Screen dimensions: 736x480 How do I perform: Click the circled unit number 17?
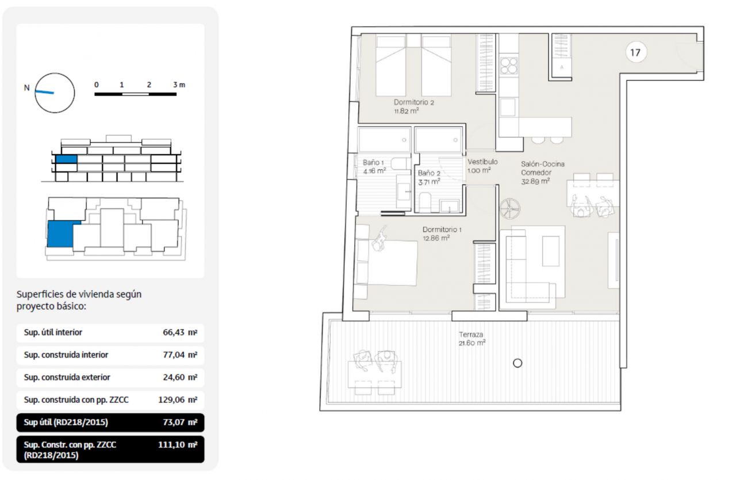[x=635, y=52]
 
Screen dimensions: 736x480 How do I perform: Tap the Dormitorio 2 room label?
[x=413, y=102]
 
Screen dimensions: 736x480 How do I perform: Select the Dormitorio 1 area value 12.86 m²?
[x=436, y=238]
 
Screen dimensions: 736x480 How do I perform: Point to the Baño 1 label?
[x=373, y=162]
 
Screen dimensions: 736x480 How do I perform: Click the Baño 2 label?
[x=429, y=173]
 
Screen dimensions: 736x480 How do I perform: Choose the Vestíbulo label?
[x=482, y=162]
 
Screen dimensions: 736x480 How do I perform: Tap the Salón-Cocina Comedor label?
[x=542, y=168]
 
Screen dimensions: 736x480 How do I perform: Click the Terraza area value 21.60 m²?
[x=472, y=343]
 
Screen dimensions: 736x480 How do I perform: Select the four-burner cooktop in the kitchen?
[x=509, y=66]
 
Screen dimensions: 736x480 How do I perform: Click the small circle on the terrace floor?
[x=517, y=363]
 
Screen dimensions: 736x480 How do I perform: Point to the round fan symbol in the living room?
[x=510, y=208]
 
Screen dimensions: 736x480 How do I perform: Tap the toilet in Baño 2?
[x=425, y=202]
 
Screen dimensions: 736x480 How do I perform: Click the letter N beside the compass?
[x=26, y=88]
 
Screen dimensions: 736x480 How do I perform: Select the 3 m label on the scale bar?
[x=179, y=85]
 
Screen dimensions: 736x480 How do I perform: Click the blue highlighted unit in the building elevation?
[x=66, y=159]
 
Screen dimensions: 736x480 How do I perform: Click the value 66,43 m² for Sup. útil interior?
[x=180, y=333]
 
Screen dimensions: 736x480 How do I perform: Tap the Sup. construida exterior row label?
[x=67, y=377]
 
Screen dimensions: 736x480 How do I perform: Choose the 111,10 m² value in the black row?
[x=178, y=444]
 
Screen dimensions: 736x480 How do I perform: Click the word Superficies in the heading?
[x=38, y=294]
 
